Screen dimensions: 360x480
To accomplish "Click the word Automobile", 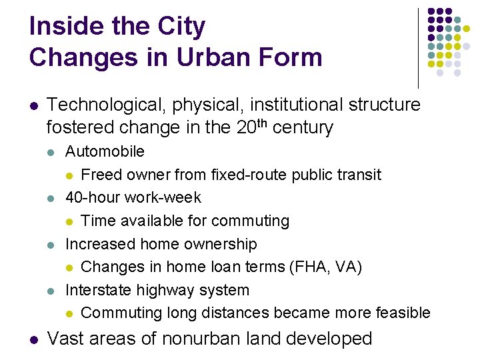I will pos(105,151).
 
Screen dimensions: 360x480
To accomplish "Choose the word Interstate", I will pos(99,290).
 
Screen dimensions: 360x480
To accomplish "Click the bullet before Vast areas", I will pos(34,339).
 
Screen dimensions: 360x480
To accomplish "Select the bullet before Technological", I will pos(34,105).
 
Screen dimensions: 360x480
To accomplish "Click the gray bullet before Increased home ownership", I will pos(52,245).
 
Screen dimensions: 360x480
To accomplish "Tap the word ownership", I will pos(224,244).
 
